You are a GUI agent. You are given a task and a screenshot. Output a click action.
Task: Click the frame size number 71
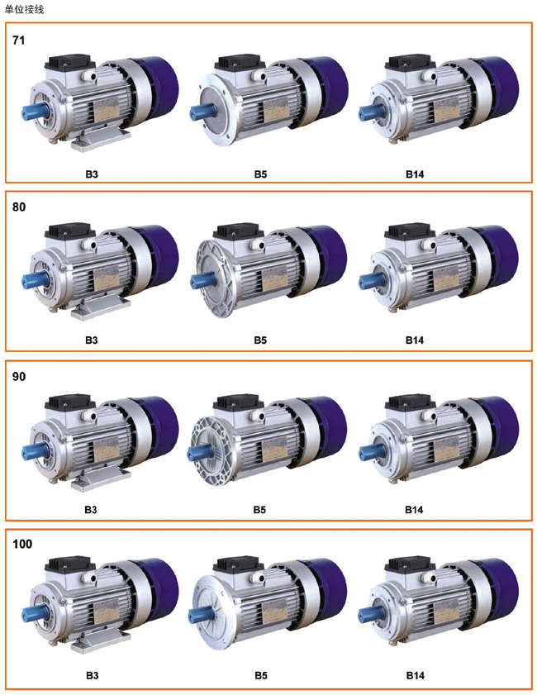click(19, 40)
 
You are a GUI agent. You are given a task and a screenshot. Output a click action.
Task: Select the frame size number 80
click(19, 207)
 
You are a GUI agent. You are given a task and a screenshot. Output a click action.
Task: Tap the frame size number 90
click(19, 377)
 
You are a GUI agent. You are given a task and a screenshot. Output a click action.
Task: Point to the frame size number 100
click(22, 544)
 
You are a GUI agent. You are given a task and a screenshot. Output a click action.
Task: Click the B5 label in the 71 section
click(260, 174)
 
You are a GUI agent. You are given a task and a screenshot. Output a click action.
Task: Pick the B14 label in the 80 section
click(415, 340)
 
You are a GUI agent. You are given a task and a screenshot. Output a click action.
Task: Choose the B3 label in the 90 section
click(91, 510)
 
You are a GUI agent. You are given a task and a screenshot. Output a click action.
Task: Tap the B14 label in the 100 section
click(416, 675)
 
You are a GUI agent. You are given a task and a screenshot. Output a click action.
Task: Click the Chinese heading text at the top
click(24, 9)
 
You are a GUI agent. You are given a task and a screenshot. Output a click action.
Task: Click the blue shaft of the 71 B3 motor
click(32, 111)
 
